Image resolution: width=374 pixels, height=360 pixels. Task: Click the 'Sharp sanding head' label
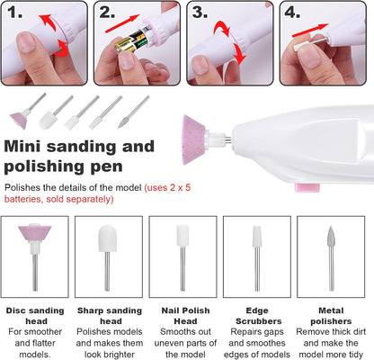click(x=111, y=313)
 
